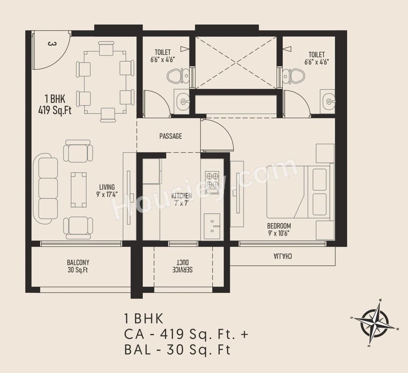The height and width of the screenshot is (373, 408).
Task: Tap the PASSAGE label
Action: point(171,136)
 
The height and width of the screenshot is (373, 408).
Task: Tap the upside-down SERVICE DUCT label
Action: point(182,266)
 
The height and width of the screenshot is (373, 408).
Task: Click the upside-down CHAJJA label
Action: point(282,256)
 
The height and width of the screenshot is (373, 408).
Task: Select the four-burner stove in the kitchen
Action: point(212,181)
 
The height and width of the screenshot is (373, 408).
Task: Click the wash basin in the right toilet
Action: point(328,102)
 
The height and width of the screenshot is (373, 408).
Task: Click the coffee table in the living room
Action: point(78,190)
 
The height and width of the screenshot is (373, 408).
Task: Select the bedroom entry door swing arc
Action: point(220,134)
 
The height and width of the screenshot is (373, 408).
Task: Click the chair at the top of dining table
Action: point(106,49)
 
